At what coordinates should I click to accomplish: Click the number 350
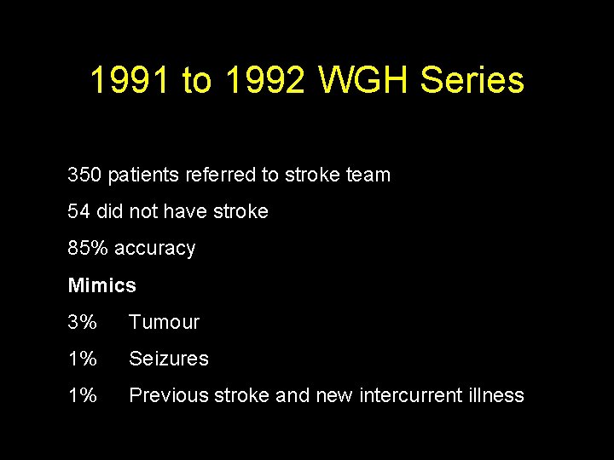84,175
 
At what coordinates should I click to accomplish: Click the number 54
79,211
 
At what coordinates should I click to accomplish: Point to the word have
188,211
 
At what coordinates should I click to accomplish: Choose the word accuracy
154,249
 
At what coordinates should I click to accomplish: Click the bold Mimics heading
101,285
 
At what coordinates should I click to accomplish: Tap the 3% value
82,322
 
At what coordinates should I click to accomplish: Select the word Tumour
164,322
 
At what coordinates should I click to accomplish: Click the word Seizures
168,359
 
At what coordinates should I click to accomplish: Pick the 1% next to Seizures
82,359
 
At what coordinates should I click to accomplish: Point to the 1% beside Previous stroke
82,395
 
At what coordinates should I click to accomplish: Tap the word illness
499,395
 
